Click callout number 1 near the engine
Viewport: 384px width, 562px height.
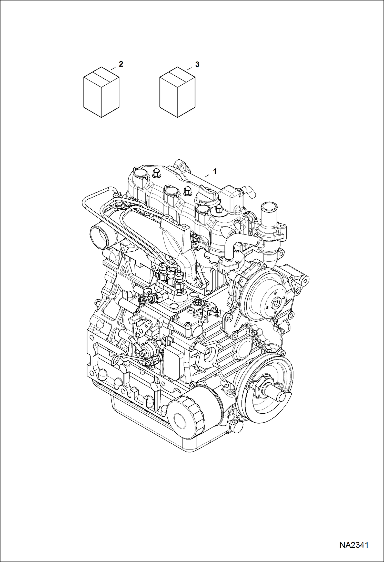pyautogui.click(x=215, y=171)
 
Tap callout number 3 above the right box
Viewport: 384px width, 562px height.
pyautogui.click(x=197, y=64)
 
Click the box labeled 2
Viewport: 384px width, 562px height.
pyautogui.click(x=101, y=92)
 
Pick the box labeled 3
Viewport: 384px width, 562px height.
pyautogui.click(x=177, y=92)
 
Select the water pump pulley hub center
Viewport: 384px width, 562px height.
pyautogui.click(x=276, y=304)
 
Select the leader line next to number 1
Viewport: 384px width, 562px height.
pyautogui.click(x=207, y=176)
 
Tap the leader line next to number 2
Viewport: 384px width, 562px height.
pyautogui.click(x=113, y=68)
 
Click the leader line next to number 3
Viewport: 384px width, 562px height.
pyautogui.click(x=189, y=69)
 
